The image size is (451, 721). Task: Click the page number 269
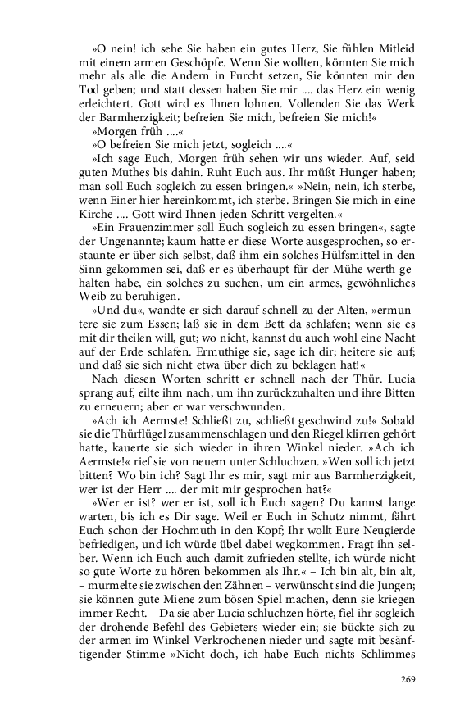(x=408, y=679)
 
